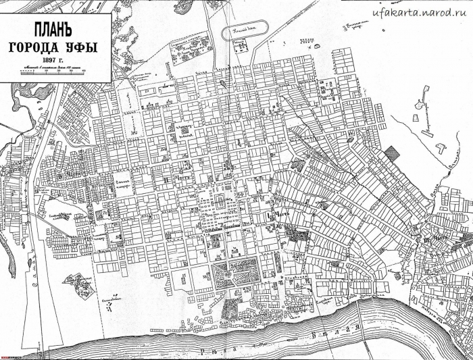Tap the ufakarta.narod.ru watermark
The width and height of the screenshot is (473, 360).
tap(422, 13)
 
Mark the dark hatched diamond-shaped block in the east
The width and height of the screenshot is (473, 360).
tap(391, 153)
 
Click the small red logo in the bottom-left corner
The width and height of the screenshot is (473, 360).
tap(7, 357)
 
